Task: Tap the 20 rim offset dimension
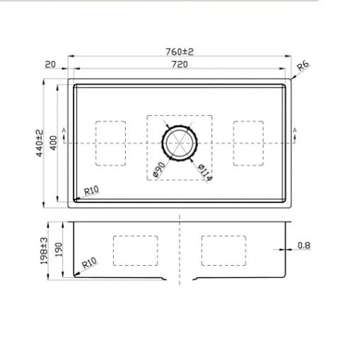click(50, 64)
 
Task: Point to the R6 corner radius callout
click(303, 67)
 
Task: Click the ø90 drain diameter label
click(158, 170)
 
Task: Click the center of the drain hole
click(180, 143)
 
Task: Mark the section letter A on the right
click(295, 132)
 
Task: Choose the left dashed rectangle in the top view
click(110, 143)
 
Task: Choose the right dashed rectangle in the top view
click(249, 143)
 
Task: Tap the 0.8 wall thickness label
click(303, 246)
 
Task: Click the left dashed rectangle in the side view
click(137, 250)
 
